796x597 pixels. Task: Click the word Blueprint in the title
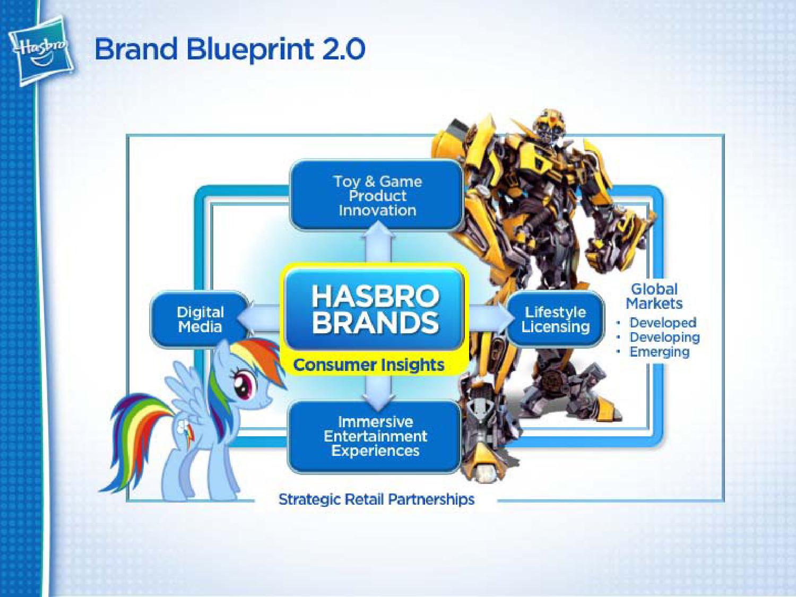(250, 50)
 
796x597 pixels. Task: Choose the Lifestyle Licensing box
(555, 319)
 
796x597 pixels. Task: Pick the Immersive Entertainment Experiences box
(375, 436)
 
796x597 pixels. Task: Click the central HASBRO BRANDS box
(375, 310)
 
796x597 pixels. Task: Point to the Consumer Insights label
(369, 365)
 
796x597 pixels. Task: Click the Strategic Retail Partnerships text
(376, 500)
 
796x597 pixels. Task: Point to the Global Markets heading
(654, 296)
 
